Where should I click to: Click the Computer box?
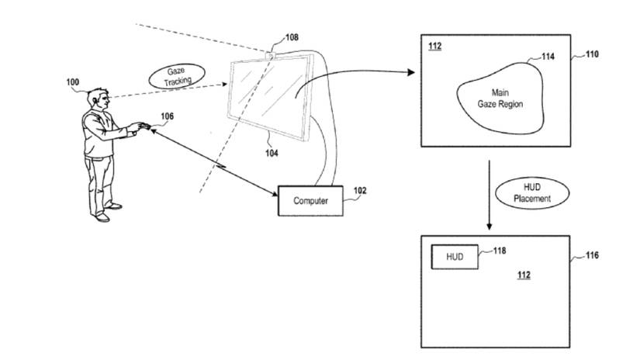pos(310,201)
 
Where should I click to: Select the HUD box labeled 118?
pos(454,257)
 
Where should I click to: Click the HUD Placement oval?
pos(537,192)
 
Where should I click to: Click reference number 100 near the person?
pos(72,81)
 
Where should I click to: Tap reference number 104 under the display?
pos(270,154)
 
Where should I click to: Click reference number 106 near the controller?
pos(167,116)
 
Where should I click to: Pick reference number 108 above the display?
pos(291,36)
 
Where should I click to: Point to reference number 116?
pos(592,255)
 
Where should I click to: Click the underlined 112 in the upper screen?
pos(435,47)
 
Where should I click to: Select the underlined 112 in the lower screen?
pos(524,275)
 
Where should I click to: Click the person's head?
pos(96,99)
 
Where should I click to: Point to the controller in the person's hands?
pos(141,125)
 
